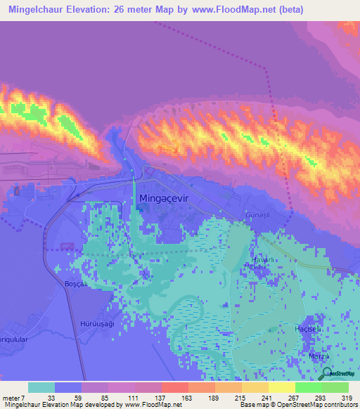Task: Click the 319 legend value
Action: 348,397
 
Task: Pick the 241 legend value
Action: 268,397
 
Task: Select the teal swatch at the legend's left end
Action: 41,387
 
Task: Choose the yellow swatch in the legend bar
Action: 281,387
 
